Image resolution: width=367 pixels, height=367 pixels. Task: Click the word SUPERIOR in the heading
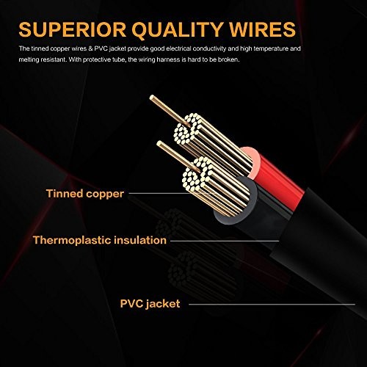(x=72, y=29)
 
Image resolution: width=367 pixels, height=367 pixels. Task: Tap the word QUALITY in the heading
(x=177, y=30)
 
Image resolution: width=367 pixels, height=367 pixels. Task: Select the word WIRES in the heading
(x=262, y=29)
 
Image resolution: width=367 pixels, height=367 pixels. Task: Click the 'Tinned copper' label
(x=85, y=194)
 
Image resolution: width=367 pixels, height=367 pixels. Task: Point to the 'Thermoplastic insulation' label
(x=100, y=240)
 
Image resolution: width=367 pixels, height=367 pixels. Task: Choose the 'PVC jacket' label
(x=150, y=304)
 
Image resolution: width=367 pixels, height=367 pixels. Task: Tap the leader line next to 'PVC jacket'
(x=272, y=305)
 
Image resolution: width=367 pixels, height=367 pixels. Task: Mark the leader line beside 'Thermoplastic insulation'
(x=225, y=241)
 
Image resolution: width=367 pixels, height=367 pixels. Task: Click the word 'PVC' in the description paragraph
(x=101, y=48)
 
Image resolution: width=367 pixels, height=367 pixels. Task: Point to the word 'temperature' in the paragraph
(x=271, y=49)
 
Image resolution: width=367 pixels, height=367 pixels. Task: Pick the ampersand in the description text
(x=90, y=48)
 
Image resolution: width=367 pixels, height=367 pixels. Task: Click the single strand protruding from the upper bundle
(x=169, y=111)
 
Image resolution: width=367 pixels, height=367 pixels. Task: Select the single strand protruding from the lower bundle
(x=178, y=156)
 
